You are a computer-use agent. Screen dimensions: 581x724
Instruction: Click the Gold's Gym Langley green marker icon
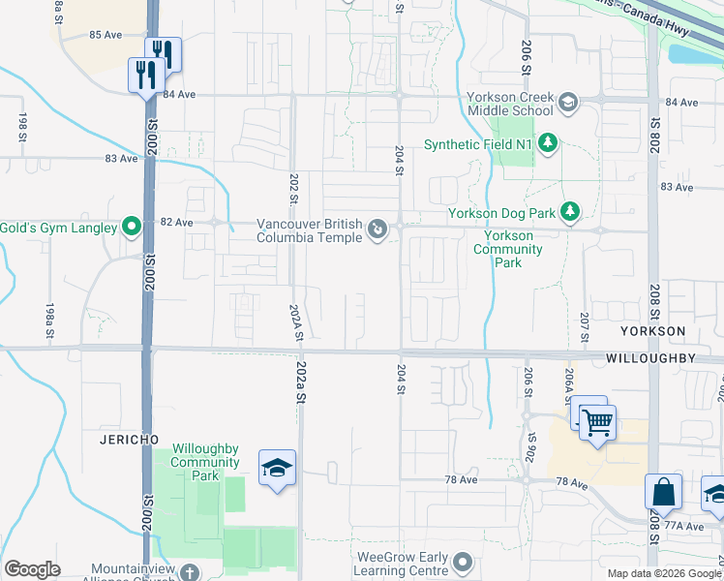(x=133, y=229)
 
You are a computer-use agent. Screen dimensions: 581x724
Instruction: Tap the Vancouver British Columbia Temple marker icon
(x=377, y=230)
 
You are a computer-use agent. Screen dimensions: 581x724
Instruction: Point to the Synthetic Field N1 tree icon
(x=548, y=144)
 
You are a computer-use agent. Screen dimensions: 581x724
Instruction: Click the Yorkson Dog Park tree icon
(x=571, y=212)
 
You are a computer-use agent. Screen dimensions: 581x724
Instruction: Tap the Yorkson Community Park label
(x=507, y=249)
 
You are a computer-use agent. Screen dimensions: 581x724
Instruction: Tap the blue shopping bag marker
(x=664, y=492)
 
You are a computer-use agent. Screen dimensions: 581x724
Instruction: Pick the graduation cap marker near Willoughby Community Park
(x=277, y=469)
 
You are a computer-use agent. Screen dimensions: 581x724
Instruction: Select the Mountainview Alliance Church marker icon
(x=190, y=572)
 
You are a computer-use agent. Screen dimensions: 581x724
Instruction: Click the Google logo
(x=32, y=569)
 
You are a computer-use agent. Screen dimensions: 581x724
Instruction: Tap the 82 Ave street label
(x=176, y=222)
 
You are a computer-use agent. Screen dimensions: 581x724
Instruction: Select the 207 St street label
(x=585, y=328)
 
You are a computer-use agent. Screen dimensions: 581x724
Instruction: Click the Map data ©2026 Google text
(x=664, y=573)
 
